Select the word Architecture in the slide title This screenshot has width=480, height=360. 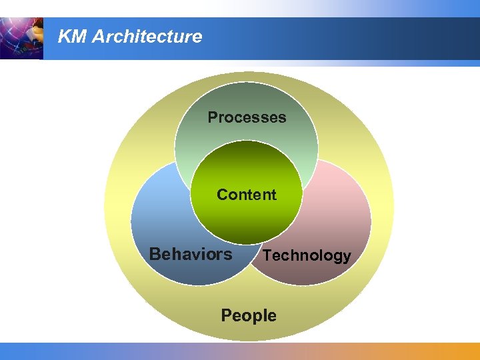pos(147,37)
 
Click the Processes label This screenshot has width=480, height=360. pos(247,117)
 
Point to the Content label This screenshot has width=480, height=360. pos(247,195)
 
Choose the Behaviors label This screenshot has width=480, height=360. pos(191,254)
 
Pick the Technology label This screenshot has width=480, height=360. pos(307,255)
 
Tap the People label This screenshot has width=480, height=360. pos(248,315)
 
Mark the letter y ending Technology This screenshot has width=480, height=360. pos(346,257)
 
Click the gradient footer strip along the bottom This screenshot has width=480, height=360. pos(240,351)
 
